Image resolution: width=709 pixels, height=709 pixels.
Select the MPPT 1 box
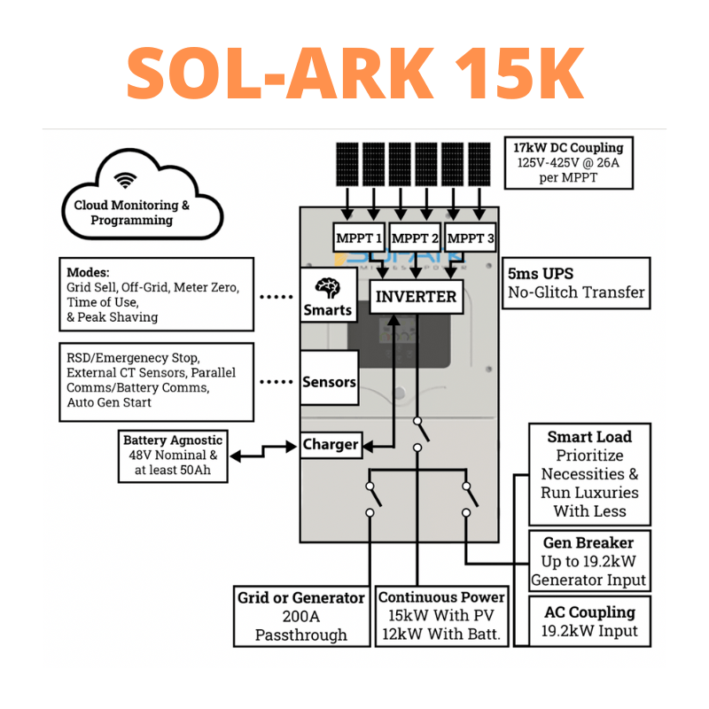[359, 238]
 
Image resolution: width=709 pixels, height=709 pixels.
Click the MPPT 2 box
[415, 238]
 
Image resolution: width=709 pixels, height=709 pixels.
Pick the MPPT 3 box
[471, 238]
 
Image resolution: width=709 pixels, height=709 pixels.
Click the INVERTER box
[417, 296]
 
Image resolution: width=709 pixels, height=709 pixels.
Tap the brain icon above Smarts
[327, 288]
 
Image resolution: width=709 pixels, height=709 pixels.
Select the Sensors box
[329, 382]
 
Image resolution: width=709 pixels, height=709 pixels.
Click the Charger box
[331, 444]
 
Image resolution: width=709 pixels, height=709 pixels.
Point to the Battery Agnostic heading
[173, 440]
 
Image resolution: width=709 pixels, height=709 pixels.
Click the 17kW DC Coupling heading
[568, 147]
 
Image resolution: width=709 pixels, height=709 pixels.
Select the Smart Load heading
[589, 436]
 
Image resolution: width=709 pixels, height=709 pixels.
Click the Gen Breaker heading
[588, 541]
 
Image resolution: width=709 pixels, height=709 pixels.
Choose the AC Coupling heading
[589, 612]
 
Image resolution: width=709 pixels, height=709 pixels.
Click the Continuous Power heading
[441, 596]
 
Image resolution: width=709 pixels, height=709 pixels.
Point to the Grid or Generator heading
[300, 596]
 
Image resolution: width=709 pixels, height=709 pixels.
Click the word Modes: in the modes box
[89, 271]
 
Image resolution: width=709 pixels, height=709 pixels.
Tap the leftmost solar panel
[347, 163]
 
